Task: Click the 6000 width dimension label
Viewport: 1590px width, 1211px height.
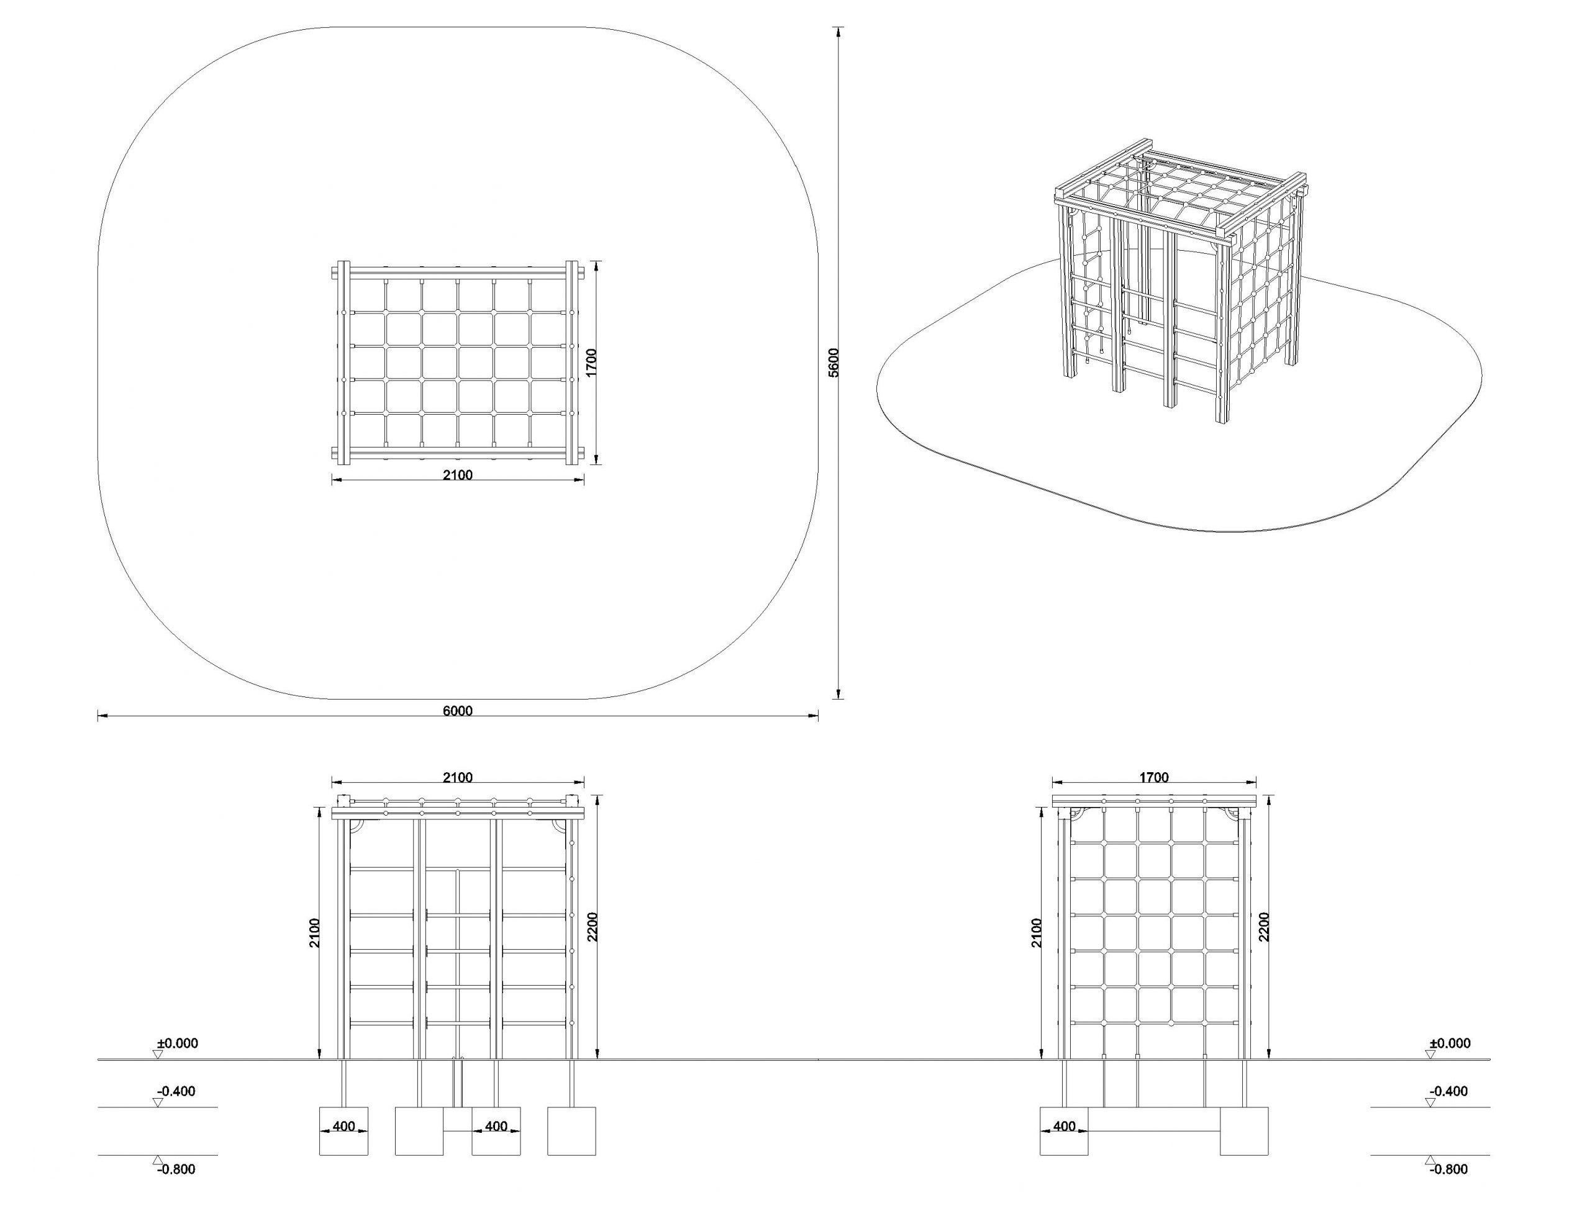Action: click(x=457, y=711)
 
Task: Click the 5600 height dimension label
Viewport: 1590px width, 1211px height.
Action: click(x=834, y=362)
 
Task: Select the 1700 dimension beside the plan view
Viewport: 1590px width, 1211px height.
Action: click(x=592, y=362)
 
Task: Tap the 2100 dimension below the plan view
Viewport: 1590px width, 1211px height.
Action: click(x=457, y=475)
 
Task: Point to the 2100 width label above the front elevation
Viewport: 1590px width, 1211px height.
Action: click(x=457, y=778)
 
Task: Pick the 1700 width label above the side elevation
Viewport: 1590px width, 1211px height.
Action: click(x=1154, y=778)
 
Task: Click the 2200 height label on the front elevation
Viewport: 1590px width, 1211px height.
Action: click(x=592, y=927)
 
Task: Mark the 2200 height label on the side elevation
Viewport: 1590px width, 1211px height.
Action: click(x=1264, y=927)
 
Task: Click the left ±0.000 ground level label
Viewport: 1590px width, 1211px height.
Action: click(x=178, y=1043)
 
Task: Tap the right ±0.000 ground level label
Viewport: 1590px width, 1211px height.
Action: click(x=1450, y=1043)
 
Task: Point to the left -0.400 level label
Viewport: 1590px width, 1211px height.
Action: click(x=176, y=1091)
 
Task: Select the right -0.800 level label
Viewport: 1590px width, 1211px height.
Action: click(x=1448, y=1169)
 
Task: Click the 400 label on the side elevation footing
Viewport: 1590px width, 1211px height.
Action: click(x=1065, y=1127)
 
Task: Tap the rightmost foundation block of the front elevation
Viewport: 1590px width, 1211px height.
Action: click(x=572, y=1131)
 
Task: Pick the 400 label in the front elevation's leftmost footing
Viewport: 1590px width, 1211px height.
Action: click(x=344, y=1127)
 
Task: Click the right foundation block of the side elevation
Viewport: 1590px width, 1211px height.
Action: click(x=1244, y=1131)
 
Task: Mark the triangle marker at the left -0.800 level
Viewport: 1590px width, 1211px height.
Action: click(x=158, y=1160)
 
